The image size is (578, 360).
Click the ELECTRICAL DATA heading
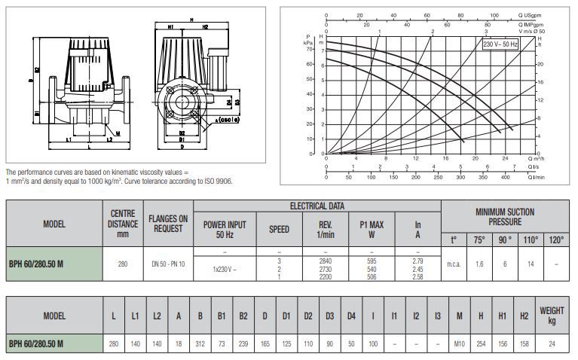tap(319, 206)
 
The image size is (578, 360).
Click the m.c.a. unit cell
tap(454, 264)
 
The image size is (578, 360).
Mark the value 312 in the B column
tap(200, 343)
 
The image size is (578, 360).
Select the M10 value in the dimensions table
tap(458, 343)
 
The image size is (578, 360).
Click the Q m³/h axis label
tap(536, 160)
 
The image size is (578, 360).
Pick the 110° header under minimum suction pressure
tap(531, 240)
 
